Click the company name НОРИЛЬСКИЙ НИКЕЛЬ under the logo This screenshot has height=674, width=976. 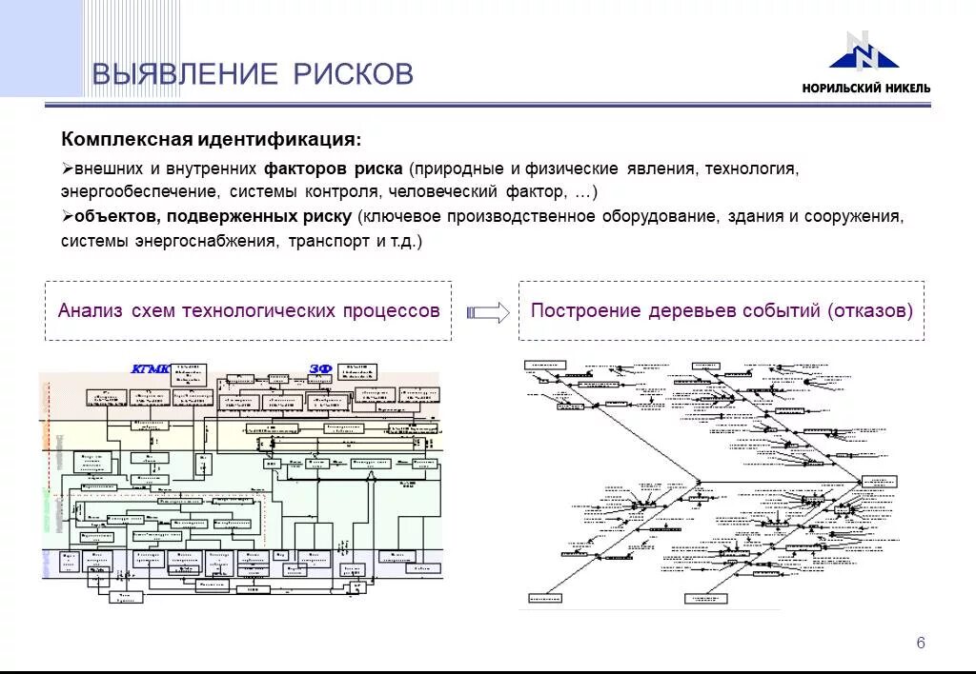[865, 89]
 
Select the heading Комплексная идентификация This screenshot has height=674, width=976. [212, 140]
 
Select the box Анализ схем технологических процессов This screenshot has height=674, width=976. [248, 310]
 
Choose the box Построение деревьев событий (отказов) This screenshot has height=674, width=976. [722, 310]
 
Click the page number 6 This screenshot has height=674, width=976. [921, 643]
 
